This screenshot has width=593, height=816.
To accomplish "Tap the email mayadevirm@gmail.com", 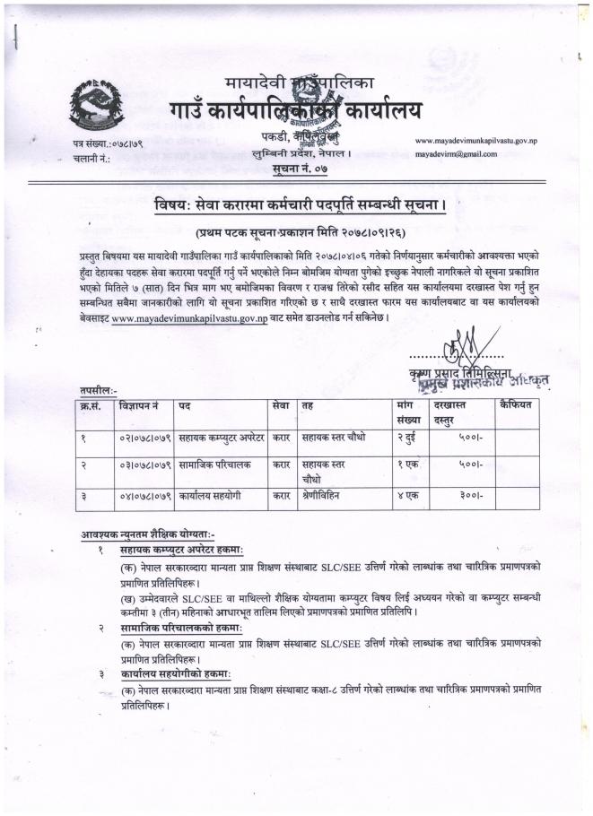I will click(455, 154).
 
